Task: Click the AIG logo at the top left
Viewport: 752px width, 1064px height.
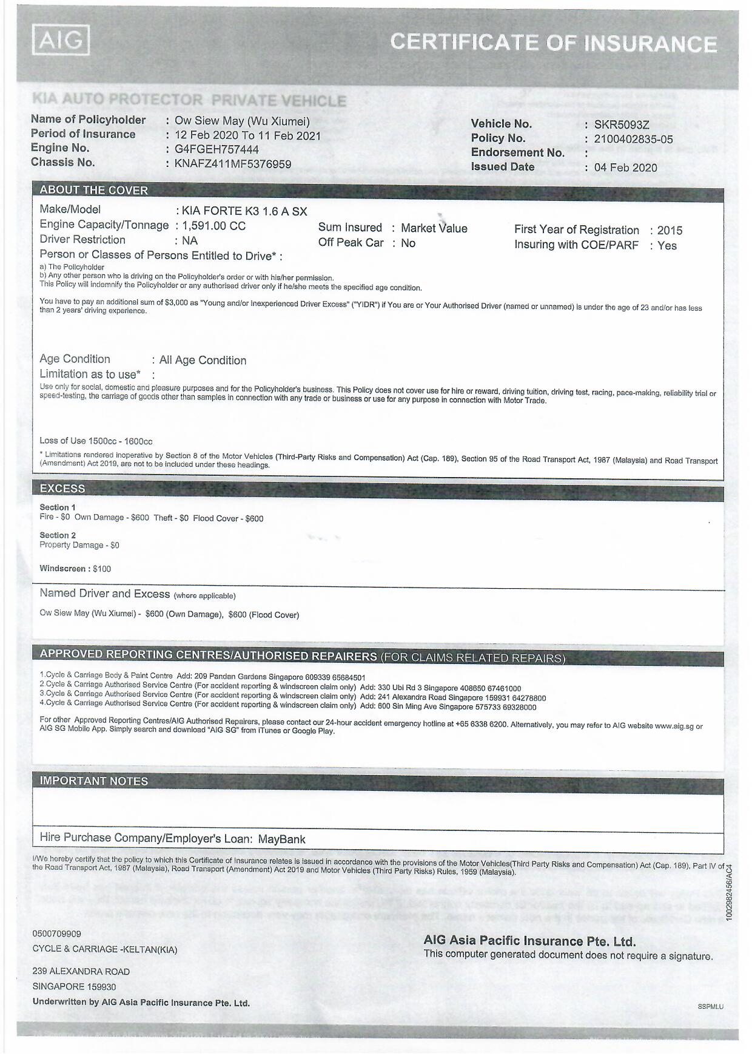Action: [x=61, y=40]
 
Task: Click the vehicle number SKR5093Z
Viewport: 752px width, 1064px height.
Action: [x=622, y=125]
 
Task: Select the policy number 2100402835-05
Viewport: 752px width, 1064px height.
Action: [x=633, y=139]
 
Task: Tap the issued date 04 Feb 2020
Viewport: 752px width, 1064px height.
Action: [x=625, y=168]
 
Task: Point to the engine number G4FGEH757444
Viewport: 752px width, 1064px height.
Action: [x=217, y=149]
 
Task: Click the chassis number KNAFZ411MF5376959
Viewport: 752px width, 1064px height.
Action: [x=233, y=164]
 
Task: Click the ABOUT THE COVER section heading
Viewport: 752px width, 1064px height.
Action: [x=93, y=190]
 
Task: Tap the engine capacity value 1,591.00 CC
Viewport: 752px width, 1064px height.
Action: [x=213, y=226]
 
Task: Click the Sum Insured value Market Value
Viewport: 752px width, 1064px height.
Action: [x=434, y=228]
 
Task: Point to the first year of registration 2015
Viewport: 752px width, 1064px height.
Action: [x=670, y=231]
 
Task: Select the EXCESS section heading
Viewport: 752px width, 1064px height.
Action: [x=62, y=489]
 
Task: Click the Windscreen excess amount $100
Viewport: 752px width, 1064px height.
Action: [x=102, y=569]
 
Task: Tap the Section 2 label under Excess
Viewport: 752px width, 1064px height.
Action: [x=58, y=535]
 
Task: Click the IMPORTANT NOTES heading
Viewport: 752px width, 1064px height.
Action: [x=93, y=781]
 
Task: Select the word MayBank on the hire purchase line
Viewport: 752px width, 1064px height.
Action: [x=281, y=839]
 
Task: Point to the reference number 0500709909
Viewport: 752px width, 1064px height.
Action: [x=56, y=934]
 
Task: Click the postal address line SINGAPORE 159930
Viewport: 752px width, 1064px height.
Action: [x=74, y=987]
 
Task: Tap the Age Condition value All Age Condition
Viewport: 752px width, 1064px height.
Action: [x=203, y=361]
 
